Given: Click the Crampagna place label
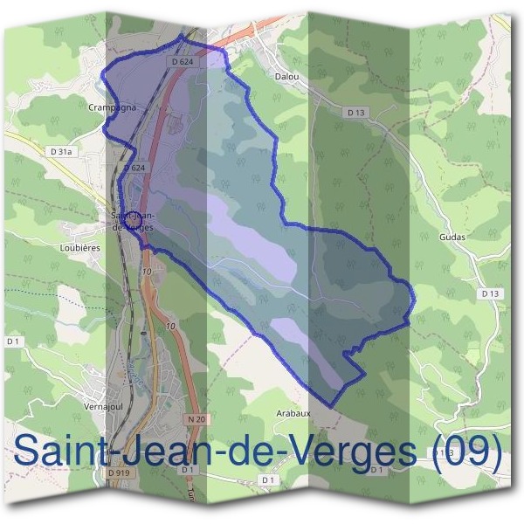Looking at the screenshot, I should point(110,107).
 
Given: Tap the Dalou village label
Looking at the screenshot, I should point(287,77).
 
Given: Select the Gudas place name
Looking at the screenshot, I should point(453,237).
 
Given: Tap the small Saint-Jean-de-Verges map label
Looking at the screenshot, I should point(133,220).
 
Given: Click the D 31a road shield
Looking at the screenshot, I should point(61,151).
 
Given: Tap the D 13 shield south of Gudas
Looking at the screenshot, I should point(489,293).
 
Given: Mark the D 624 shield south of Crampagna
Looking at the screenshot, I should point(133,167).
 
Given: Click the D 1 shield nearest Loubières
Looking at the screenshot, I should point(12,341).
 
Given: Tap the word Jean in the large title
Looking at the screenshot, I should point(166,452).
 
